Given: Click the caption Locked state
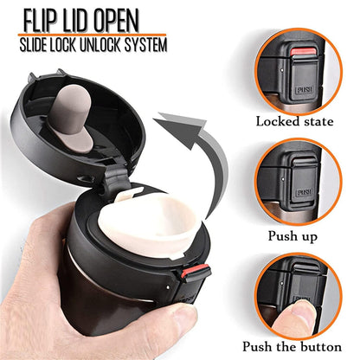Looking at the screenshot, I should (x=294, y=121).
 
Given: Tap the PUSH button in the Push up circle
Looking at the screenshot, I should (x=303, y=192).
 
